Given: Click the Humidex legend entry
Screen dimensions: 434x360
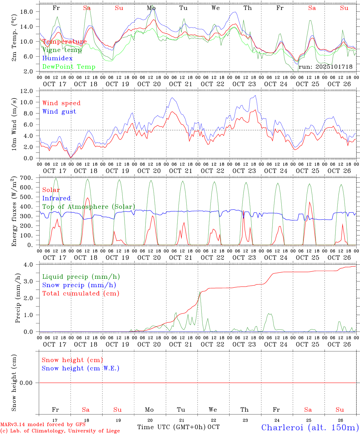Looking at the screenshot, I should [x=57, y=58].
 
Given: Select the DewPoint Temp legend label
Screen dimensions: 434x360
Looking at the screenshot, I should [x=69, y=67].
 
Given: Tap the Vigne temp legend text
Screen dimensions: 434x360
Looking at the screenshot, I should [x=62, y=50].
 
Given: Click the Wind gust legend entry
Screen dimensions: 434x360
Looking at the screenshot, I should [x=59, y=112].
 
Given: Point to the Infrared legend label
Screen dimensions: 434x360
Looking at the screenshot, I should [x=56, y=198].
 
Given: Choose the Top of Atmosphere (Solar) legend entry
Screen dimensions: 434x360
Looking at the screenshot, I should [x=89, y=207].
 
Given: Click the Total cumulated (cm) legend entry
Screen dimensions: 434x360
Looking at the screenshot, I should [x=81, y=294].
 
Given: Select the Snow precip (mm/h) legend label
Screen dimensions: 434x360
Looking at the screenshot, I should [x=79, y=285].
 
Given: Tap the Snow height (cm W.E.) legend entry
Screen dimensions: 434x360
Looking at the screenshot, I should [x=81, y=368].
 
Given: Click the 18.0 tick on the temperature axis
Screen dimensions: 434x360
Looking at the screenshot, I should [x=27, y=12].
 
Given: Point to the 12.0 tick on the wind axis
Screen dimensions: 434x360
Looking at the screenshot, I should [x=27, y=91].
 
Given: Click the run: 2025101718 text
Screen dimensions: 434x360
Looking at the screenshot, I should [x=325, y=67].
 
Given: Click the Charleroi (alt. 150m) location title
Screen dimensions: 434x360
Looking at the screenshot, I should [x=310, y=427].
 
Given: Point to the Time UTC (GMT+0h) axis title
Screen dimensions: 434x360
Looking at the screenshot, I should [x=171, y=427].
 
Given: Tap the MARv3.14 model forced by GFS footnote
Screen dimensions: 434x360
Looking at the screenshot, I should [x=43, y=424].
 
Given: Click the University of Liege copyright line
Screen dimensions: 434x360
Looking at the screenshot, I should [x=60, y=431].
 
